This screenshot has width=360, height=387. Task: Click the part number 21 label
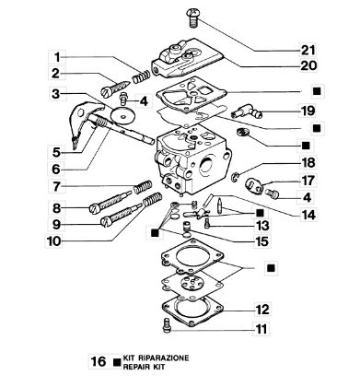click(x=308, y=50)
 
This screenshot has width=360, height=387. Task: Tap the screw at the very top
click(x=192, y=18)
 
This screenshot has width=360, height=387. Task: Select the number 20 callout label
click(x=308, y=65)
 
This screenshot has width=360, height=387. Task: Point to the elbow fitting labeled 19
click(x=248, y=111)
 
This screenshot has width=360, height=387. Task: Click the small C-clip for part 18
click(x=236, y=177)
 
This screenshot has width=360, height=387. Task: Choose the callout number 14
click(x=308, y=215)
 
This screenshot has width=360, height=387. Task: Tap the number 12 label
click(x=262, y=310)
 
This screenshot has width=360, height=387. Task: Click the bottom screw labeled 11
click(x=167, y=325)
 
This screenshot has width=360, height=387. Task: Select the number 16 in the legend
click(x=99, y=361)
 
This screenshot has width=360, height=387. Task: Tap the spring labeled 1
click(x=141, y=76)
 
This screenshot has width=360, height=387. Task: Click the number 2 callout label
click(x=55, y=74)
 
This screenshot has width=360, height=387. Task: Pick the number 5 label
click(x=56, y=152)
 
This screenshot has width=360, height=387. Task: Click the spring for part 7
click(x=143, y=186)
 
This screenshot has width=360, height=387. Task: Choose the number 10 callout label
click(x=53, y=240)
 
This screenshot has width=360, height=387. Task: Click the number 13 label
click(x=261, y=226)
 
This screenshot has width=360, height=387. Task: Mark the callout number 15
click(x=261, y=241)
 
